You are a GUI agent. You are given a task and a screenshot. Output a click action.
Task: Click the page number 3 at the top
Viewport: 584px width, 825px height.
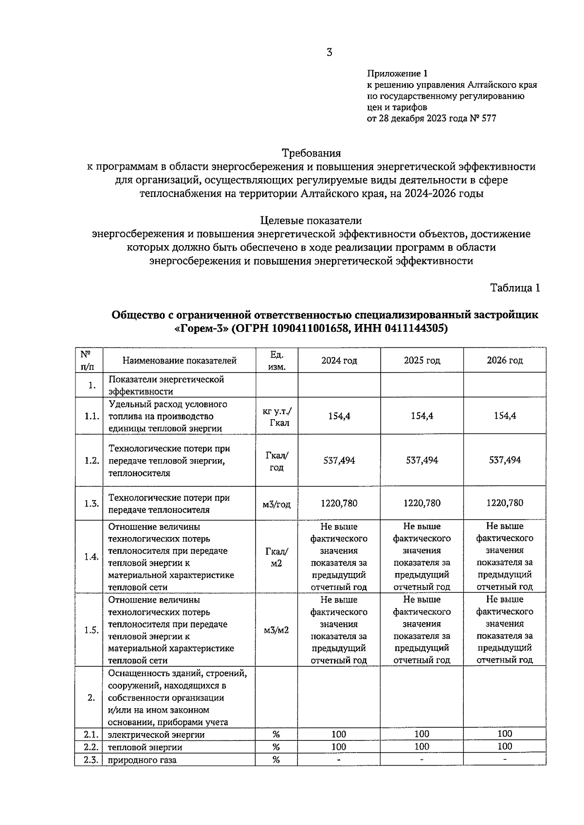[x=329, y=53]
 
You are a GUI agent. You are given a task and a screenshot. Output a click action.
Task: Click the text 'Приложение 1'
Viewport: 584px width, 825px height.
[x=397, y=73]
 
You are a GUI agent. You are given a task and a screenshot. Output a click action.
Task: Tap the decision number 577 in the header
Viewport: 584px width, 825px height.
[x=488, y=118]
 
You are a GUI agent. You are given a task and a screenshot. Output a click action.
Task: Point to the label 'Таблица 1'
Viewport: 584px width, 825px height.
[x=515, y=287]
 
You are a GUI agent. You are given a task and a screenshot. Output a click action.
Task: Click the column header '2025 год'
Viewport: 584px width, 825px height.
[x=422, y=360]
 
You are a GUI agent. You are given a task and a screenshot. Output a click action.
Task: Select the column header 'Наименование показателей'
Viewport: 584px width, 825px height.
[x=179, y=360]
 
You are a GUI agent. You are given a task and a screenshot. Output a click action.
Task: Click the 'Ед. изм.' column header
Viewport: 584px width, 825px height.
[x=276, y=360]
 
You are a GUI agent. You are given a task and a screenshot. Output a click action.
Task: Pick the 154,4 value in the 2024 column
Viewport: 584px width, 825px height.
[x=339, y=416]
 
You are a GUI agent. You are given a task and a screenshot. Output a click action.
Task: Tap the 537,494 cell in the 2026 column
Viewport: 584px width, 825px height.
[x=505, y=460]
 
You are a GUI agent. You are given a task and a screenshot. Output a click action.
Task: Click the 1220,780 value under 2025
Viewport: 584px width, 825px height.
[x=422, y=503]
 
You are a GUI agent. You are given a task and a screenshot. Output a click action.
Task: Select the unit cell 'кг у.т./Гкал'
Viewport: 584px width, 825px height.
[x=276, y=416]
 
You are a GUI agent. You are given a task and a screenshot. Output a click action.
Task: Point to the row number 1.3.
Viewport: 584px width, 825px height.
[x=91, y=503]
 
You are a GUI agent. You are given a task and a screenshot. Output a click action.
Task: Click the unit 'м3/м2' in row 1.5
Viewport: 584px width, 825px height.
[x=276, y=630]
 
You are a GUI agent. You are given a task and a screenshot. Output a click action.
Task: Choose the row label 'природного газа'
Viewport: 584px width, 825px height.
[x=142, y=760]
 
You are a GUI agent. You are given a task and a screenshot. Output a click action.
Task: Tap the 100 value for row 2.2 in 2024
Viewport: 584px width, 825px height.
[x=339, y=747]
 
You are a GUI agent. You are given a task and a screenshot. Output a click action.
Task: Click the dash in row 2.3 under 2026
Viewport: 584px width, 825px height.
[x=505, y=759]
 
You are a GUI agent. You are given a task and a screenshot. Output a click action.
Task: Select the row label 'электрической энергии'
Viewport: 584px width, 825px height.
[x=156, y=735]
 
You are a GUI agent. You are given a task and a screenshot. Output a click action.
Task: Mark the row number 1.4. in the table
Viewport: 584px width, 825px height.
[x=91, y=557]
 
